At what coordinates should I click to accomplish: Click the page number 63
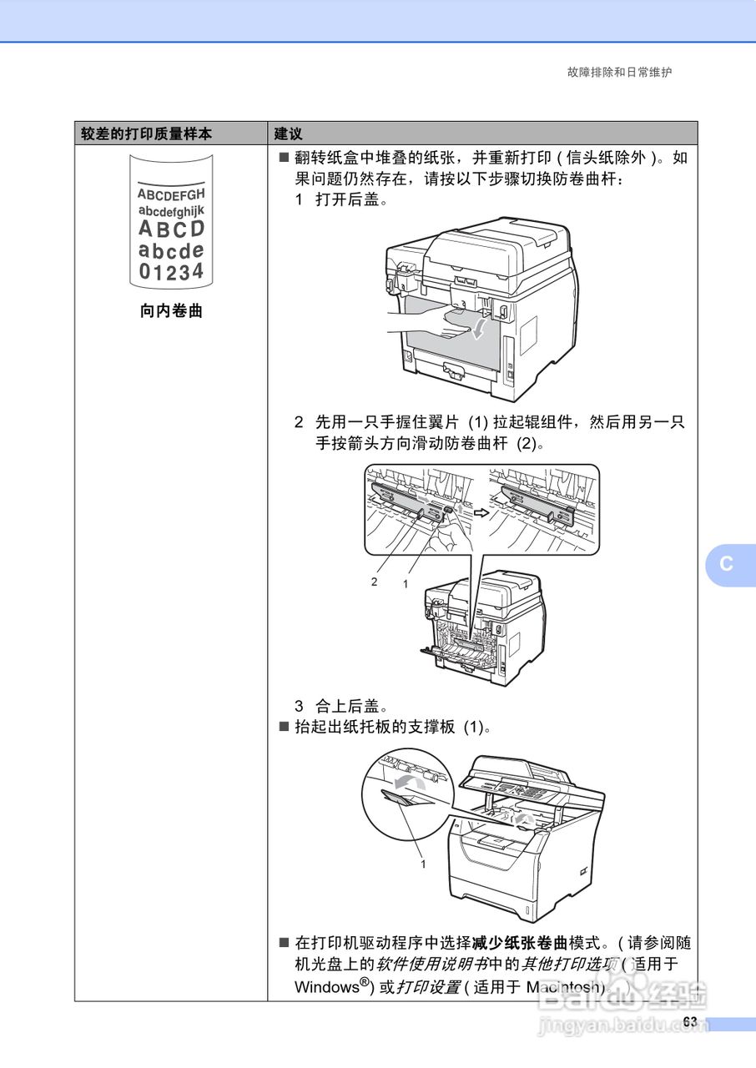[x=689, y=1022]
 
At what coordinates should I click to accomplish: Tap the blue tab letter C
[x=727, y=563]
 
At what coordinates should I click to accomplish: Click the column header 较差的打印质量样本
[x=146, y=133]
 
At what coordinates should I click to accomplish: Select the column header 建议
[x=288, y=133]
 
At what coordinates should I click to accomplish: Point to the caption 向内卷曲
[x=170, y=312]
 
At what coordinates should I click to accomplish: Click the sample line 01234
[x=170, y=271]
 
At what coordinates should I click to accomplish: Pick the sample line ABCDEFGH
[x=170, y=194]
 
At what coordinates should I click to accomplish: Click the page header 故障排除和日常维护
[x=619, y=72]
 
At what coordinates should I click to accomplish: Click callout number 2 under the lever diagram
[x=375, y=582]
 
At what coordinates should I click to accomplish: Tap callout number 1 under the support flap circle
[x=423, y=864]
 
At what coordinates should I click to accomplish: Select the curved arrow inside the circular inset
[x=407, y=781]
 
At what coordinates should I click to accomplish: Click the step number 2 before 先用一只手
[x=299, y=422]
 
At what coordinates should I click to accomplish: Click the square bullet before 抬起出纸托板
[x=284, y=727]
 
